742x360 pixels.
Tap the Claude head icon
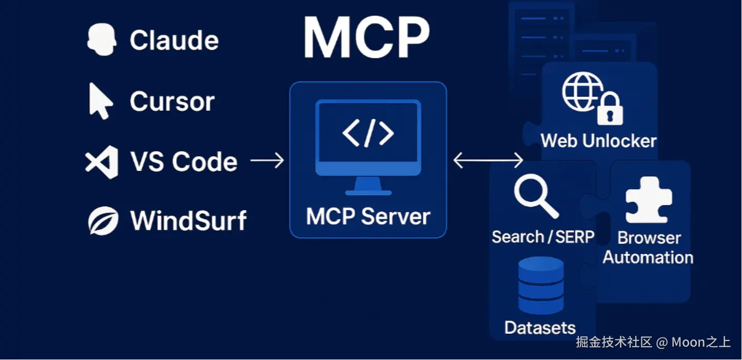tap(101, 41)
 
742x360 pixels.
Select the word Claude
tap(174, 41)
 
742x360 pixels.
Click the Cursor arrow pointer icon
tap(101, 101)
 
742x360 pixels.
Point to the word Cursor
tap(172, 102)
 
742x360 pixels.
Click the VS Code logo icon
tap(102, 162)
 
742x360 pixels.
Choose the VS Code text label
tap(184, 162)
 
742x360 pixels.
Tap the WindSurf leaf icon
tap(103, 221)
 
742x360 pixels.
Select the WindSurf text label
tap(188, 221)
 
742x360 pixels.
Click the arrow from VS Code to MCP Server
tap(267, 161)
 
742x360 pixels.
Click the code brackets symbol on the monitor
tap(368, 133)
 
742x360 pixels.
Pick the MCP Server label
tap(368, 216)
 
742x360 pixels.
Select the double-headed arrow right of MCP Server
tap(488, 161)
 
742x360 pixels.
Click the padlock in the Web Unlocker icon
tap(610, 110)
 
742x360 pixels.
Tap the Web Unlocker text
tap(598, 141)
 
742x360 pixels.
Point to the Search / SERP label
tap(543, 237)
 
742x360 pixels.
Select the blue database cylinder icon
tap(541, 286)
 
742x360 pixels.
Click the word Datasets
tap(540, 328)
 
